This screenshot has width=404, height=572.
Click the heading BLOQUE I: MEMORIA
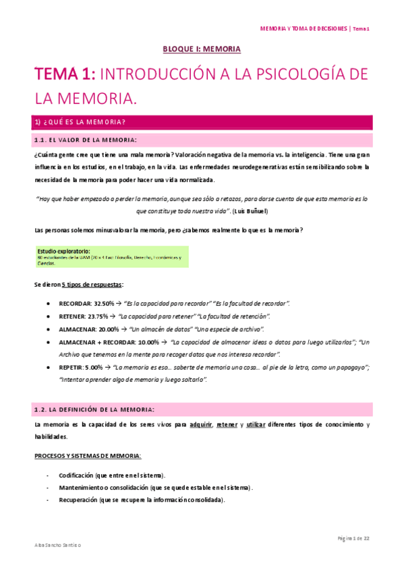(x=202, y=49)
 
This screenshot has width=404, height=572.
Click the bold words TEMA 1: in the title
(x=67, y=75)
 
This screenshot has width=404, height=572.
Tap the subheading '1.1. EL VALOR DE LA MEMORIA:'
(x=85, y=140)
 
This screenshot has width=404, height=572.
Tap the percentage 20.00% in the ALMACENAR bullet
(x=108, y=329)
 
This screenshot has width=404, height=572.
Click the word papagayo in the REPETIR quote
(x=349, y=368)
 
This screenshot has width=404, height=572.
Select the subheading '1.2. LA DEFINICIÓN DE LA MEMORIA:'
(x=94, y=409)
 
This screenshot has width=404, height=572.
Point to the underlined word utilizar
(x=256, y=424)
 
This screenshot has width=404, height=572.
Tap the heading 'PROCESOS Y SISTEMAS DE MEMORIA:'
(x=88, y=457)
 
